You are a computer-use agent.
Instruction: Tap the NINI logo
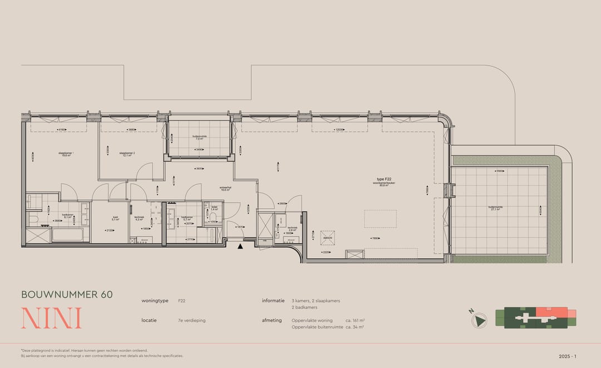51,318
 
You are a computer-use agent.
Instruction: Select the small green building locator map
540,318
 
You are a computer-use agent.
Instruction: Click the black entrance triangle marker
240,246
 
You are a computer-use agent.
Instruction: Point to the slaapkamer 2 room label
127,154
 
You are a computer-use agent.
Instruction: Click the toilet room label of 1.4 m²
214,208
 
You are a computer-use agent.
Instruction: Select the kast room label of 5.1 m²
115,219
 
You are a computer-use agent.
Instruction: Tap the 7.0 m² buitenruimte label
199,138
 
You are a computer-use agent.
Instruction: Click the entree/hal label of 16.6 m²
225,189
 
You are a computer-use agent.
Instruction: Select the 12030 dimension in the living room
339,130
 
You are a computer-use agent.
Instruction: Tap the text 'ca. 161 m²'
354,321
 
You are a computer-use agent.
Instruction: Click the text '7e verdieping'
191,321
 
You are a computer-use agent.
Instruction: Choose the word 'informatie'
273,301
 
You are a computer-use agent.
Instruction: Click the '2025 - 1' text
568,356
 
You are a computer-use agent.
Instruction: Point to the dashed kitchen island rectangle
381,219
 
